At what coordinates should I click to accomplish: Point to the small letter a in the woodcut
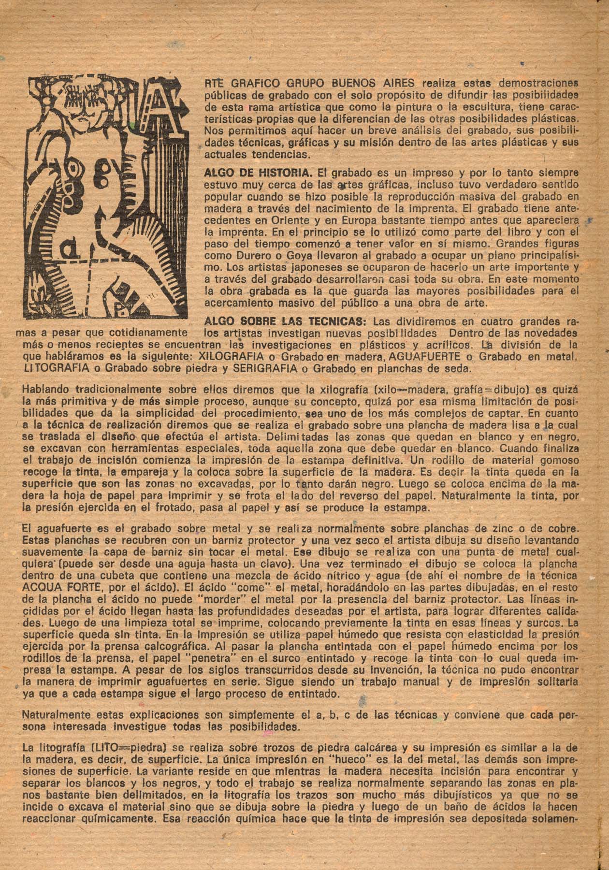click(72, 249)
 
